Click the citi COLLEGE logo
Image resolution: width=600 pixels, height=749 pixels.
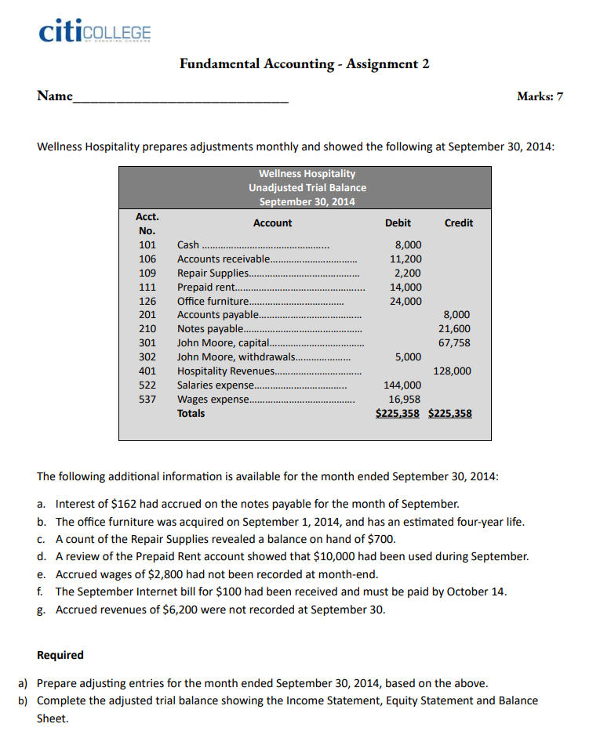click(x=94, y=32)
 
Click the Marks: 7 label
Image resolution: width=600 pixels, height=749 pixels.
click(x=540, y=97)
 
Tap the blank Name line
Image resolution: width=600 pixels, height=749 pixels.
click(x=180, y=100)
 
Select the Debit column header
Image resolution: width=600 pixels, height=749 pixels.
click(x=398, y=223)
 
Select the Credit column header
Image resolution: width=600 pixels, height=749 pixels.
click(x=458, y=223)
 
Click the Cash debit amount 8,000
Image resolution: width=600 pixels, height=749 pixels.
click(x=408, y=244)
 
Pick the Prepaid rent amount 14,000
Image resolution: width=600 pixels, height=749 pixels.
click(x=405, y=287)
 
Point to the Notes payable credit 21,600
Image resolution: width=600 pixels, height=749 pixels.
click(x=454, y=329)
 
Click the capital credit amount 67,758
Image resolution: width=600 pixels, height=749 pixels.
click(x=454, y=343)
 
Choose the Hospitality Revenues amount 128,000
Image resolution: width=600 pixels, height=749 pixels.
click(x=452, y=371)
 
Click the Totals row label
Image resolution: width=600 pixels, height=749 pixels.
click(x=191, y=414)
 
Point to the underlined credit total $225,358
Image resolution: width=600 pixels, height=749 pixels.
click(x=450, y=414)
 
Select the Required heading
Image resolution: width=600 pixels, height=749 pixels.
click(x=60, y=655)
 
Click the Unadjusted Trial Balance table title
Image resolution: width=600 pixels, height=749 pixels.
click(x=307, y=187)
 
